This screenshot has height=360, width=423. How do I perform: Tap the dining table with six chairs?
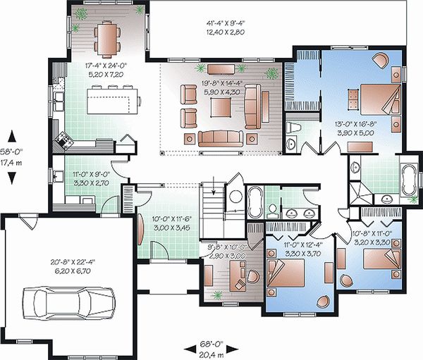coord(108,33)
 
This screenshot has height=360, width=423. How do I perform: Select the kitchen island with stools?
coord(111,99)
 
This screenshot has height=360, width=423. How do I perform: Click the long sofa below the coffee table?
coord(221,137)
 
